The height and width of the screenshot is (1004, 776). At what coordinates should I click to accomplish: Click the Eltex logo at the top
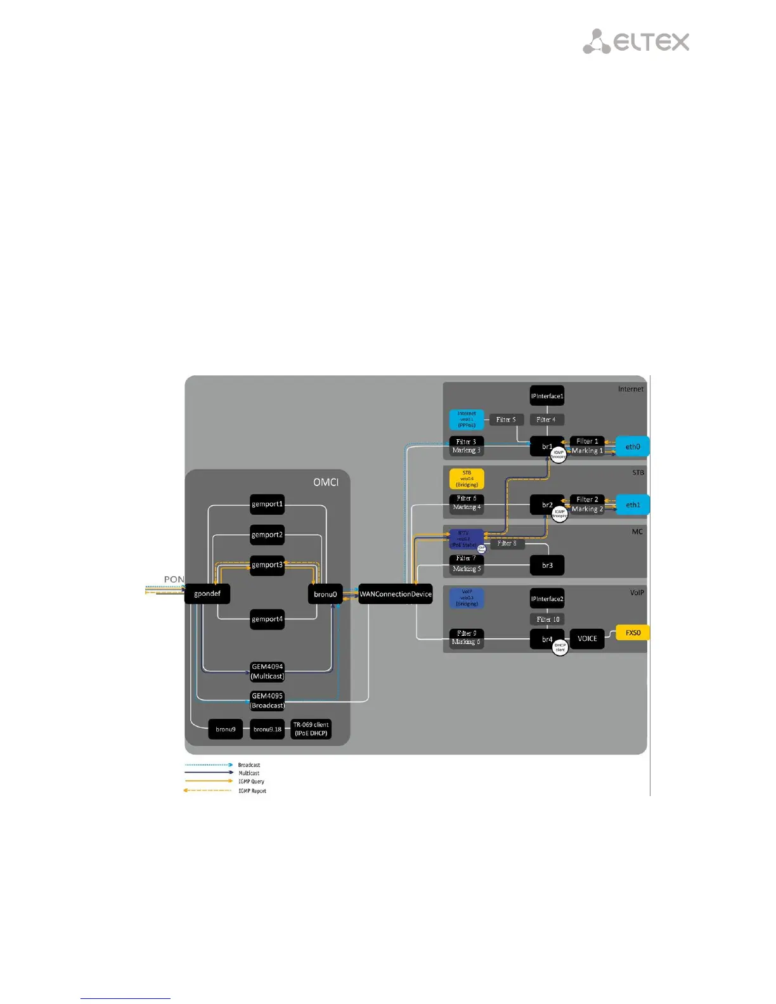pyautogui.click(x=636, y=42)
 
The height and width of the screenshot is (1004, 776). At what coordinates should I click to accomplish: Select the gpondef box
pyautogui.click(x=207, y=594)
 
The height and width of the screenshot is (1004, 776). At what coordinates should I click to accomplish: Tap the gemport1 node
pyautogui.click(x=267, y=505)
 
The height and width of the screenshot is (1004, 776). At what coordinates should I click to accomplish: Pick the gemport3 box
pyautogui.click(x=267, y=565)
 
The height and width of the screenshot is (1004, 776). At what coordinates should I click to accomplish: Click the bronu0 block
pyautogui.click(x=325, y=594)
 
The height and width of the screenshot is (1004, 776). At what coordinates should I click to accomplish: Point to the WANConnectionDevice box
pyautogui.click(x=396, y=594)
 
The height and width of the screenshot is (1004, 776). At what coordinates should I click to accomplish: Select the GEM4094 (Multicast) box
pyautogui.click(x=267, y=671)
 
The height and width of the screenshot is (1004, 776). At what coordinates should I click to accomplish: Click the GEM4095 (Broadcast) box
pyautogui.click(x=267, y=700)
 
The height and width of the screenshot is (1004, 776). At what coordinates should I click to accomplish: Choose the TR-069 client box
pyautogui.click(x=311, y=729)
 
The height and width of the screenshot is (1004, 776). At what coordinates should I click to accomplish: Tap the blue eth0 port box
pyautogui.click(x=633, y=447)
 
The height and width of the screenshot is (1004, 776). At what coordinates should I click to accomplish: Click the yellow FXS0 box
pyautogui.click(x=633, y=633)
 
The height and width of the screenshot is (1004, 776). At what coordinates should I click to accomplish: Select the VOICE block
pyautogui.click(x=587, y=638)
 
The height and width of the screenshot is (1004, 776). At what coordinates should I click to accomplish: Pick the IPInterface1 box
pyautogui.click(x=547, y=396)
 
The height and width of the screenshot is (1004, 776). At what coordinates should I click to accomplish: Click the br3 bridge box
pyautogui.click(x=547, y=565)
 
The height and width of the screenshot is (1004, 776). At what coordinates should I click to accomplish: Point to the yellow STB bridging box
pyautogui.click(x=467, y=479)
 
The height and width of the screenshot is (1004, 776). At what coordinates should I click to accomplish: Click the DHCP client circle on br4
pyautogui.click(x=560, y=647)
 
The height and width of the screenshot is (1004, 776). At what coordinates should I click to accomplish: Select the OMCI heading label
pyautogui.click(x=326, y=482)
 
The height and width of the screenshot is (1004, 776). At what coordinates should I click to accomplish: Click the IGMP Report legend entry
pyautogui.click(x=252, y=791)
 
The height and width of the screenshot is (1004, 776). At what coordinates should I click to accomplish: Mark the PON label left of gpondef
pyautogui.click(x=174, y=579)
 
